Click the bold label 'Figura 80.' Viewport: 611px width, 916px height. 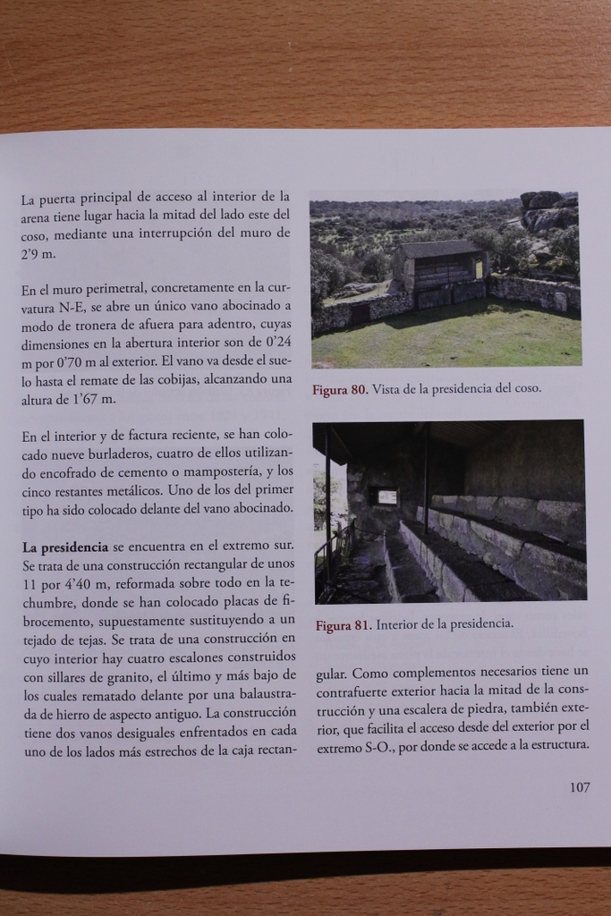pos(340,390)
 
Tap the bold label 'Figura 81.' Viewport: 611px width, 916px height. pos(344,625)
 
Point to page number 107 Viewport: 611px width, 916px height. pos(579,788)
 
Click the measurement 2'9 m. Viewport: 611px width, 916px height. pos(38,254)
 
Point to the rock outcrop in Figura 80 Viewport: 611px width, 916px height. pos(547,211)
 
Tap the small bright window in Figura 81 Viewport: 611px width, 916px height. pos(386,496)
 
